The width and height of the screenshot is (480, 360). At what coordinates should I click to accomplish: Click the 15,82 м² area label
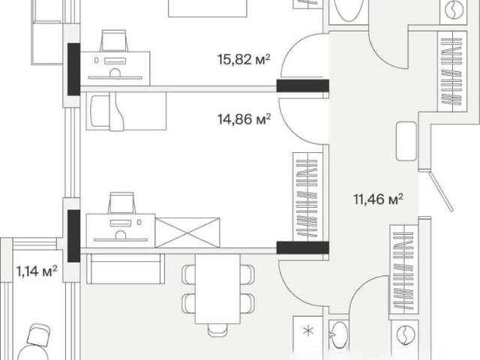pos(244,59)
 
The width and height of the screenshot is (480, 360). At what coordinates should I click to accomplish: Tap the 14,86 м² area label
pos(244,119)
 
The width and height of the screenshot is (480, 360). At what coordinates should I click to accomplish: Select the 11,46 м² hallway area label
pos(378,199)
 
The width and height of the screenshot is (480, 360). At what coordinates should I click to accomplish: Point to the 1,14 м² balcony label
pos(37,271)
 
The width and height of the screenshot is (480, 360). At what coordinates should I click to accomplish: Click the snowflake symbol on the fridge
pos(308,331)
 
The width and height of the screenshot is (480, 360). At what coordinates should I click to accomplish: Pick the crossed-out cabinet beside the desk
pos(187,232)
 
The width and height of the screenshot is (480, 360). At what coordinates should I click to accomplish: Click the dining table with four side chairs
pos(217,289)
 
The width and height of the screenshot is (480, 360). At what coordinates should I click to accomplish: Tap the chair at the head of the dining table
pos(217,330)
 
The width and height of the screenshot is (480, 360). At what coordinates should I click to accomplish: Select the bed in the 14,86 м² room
pos(126,111)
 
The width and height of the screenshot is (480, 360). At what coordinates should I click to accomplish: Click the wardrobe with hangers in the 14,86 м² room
pos(307,196)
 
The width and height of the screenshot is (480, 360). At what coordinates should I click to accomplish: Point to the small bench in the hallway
pos(406,141)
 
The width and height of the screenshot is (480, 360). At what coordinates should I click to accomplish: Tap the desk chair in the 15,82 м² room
pos(113,40)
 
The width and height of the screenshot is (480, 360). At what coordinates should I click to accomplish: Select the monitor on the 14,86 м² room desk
pos(121,223)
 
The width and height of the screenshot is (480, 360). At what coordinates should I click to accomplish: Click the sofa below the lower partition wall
pos(125,268)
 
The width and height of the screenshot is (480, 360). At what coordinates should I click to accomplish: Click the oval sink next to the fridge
pos(339,335)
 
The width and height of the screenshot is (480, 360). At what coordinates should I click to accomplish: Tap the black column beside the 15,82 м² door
pos(303,85)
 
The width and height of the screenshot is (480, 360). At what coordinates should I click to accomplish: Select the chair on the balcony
pos(38,335)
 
